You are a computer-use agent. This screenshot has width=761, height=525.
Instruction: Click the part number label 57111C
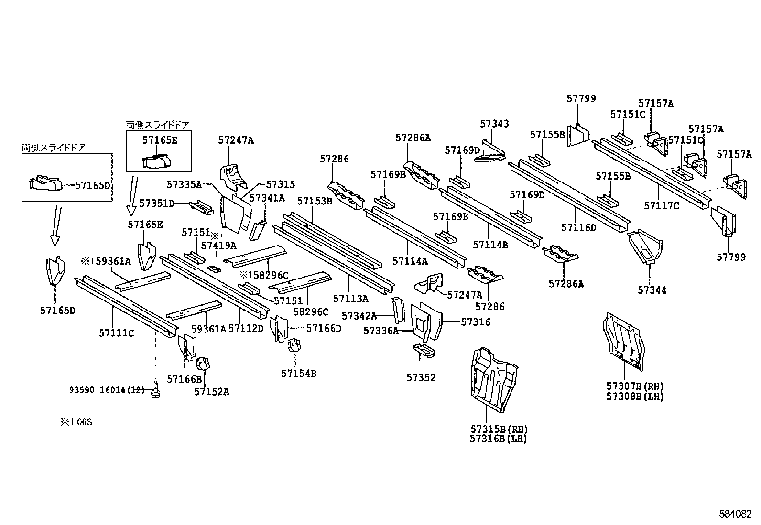(117, 333)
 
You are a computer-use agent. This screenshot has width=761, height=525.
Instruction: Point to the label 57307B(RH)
(635, 386)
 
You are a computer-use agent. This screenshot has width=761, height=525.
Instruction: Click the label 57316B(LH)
(498, 439)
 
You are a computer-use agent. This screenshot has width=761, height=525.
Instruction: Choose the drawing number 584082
(739, 514)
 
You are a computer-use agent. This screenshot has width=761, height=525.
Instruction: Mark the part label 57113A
(350, 299)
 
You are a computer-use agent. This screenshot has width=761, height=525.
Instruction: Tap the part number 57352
(421, 377)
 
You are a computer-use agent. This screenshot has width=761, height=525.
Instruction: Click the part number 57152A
(211, 392)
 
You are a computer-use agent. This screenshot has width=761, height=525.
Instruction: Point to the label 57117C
(661, 206)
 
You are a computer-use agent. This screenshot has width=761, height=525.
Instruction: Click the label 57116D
(578, 228)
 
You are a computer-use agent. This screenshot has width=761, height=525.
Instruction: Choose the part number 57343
(494, 124)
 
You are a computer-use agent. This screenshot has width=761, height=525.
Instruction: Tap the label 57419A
(218, 246)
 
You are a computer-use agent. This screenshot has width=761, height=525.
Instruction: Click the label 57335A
(185, 184)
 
